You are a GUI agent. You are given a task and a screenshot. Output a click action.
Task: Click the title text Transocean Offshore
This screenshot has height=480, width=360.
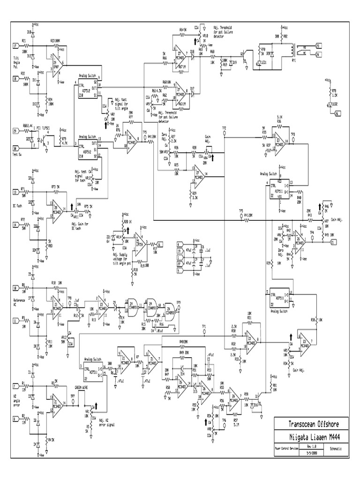(311, 425)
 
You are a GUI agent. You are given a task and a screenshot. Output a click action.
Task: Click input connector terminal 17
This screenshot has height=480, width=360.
(15, 46)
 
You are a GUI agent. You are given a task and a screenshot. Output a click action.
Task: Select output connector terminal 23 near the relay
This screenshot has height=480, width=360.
(318, 46)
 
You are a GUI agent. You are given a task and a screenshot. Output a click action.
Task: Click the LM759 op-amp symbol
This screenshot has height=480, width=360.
(139, 243)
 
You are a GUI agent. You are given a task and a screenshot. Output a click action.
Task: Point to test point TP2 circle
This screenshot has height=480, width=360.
(224, 132)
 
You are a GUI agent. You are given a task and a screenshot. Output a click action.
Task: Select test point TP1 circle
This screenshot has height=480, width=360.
(204, 331)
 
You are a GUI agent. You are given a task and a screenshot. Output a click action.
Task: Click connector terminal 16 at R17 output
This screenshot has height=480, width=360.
(159, 244)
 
